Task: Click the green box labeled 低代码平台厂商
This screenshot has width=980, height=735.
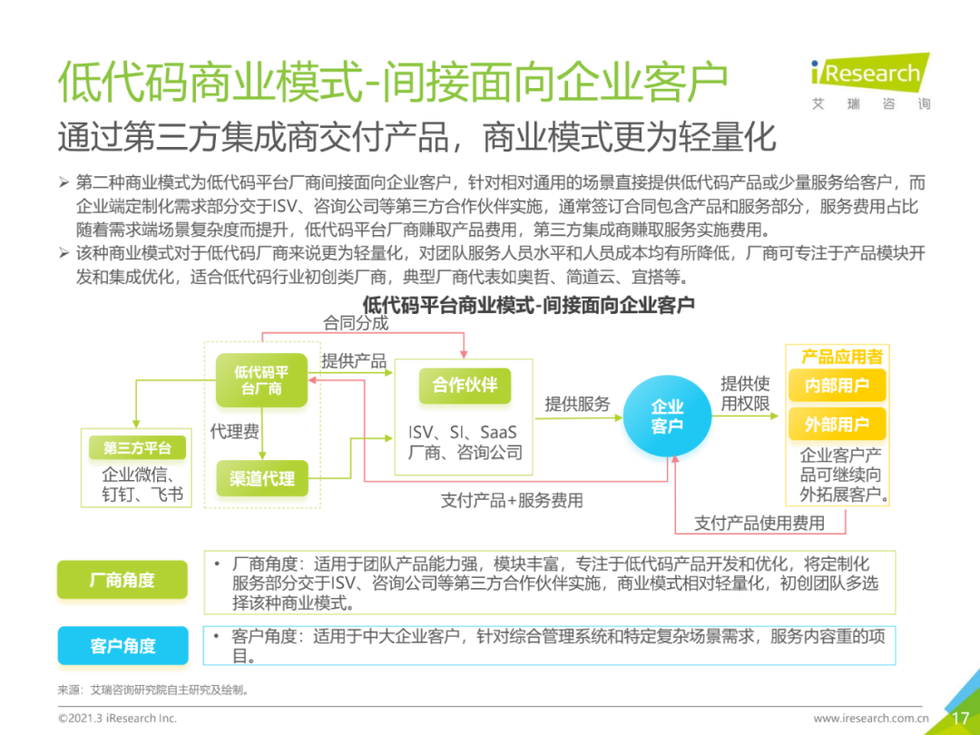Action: [x=261, y=380]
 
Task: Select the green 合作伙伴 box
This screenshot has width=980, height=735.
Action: [x=465, y=385]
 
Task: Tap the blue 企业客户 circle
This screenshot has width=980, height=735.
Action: [x=667, y=416]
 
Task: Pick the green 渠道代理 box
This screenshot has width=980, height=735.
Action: [x=261, y=478]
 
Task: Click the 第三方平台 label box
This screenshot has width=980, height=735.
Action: [x=137, y=448]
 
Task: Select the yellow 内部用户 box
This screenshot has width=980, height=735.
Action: [x=836, y=386]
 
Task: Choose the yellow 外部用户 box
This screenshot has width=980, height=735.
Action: [x=836, y=425]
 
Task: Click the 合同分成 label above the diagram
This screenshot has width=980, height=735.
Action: [x=356, y=323]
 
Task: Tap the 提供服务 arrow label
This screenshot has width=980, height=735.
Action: [x=577, y=405]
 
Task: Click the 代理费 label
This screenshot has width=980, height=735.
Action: [x=234, y=431]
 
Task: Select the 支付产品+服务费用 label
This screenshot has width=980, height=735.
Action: [x=512, y=500]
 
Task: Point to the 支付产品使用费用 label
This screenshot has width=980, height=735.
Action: [x=759, y=523]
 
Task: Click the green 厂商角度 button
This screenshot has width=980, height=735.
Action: [x=122, y=580]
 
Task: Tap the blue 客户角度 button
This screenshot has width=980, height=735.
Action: [x=122, y=646]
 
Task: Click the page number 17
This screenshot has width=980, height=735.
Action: [x=960, y=718]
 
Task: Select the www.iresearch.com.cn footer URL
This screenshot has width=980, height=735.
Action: [x=871, y=719]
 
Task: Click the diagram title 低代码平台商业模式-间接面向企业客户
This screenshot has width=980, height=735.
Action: [x=528, y=305]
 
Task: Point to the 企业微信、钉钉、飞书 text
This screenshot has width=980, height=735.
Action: [x=142, y=485]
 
